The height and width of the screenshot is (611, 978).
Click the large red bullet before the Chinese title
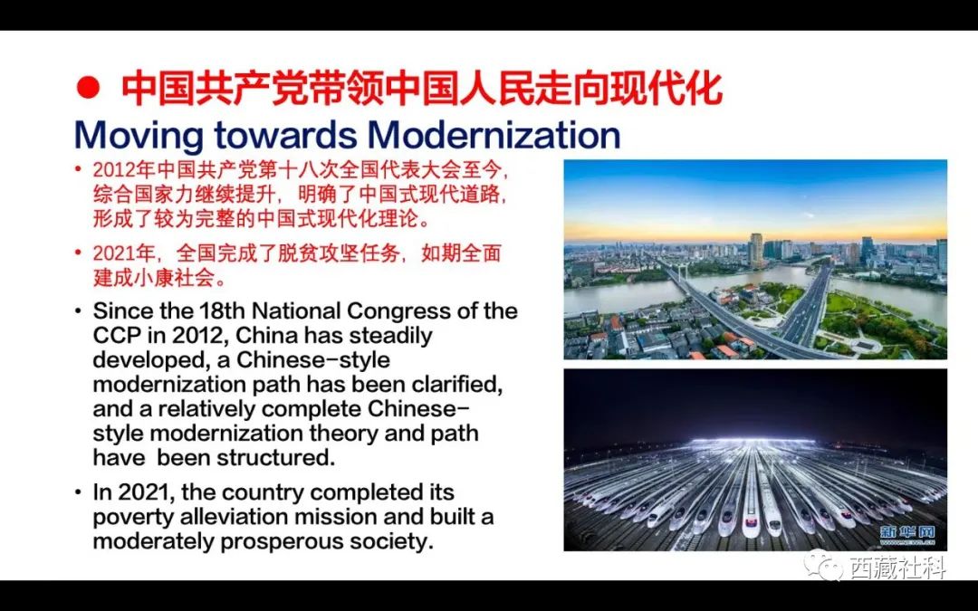tap(88, 87)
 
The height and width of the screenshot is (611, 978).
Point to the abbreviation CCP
tap(117, 336)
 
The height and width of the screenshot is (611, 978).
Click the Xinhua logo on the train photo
tap(907, 534)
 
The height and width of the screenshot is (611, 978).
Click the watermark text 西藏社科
tap(897, 567)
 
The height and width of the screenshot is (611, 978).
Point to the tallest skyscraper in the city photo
tap(755, 251)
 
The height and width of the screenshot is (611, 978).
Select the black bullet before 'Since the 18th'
tap(78, 310)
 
